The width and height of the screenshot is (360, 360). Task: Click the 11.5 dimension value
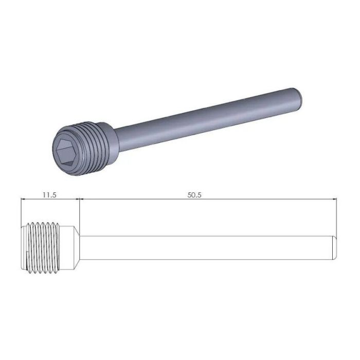48,195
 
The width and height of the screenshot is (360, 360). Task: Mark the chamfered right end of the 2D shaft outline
335,248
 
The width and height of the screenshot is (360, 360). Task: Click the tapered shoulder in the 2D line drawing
75,247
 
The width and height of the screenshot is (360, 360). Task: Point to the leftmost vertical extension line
20,211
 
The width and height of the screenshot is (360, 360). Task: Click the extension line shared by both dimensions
80,211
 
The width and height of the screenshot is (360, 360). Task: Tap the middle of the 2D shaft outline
206,248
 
